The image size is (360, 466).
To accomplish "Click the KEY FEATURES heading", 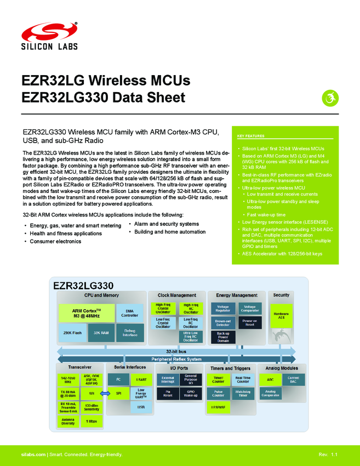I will tap(251, 136).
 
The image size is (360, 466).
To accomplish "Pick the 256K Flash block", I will tap(72, 332).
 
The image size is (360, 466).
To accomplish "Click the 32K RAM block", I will tap(100, 332).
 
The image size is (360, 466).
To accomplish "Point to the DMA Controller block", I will tap(130, 313).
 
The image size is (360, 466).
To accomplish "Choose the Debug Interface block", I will tap(130, 332).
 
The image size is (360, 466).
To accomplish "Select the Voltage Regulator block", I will tap(222, 309).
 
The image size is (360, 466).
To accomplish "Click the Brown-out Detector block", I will tap(222, 323).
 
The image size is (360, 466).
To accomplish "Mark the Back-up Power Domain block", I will tap(222, 337).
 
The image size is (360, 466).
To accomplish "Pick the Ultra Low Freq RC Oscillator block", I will tap(190, 337).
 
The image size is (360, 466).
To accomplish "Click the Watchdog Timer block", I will tap(243, 393).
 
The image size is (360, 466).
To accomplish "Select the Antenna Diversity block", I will tap(68, 422).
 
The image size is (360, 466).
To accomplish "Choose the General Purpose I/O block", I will tap(190, 379).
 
